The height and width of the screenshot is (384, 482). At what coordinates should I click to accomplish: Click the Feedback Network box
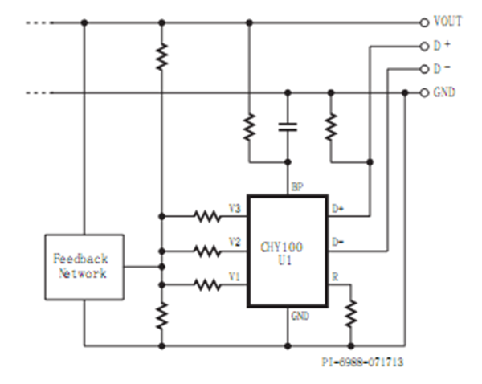coord(84,268)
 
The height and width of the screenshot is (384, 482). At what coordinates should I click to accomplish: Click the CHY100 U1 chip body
coord(287,251)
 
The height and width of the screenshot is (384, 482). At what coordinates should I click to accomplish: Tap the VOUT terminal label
coord(447,22)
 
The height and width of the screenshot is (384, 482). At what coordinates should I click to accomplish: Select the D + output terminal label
coord(442,45)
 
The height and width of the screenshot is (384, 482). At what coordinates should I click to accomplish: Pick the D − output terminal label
coord(442,69)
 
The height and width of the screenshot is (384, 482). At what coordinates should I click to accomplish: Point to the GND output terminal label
coord(444,92)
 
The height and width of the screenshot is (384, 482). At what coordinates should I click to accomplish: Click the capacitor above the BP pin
coord(287,126)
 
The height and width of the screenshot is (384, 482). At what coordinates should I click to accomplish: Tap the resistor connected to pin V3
coord(207,215)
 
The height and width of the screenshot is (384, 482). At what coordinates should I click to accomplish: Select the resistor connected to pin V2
coord(207,251)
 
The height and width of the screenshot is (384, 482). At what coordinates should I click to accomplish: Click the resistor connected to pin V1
coord(207,283)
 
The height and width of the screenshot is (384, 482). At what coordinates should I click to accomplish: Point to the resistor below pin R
coord(351,313)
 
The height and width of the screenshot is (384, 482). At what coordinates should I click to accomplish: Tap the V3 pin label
coord(235,209)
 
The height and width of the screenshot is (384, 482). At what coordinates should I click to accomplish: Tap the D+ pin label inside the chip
coord(338,209)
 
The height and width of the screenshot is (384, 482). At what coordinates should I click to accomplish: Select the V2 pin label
coord(235,242)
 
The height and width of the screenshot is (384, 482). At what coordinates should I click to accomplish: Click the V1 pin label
coord(235,276)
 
